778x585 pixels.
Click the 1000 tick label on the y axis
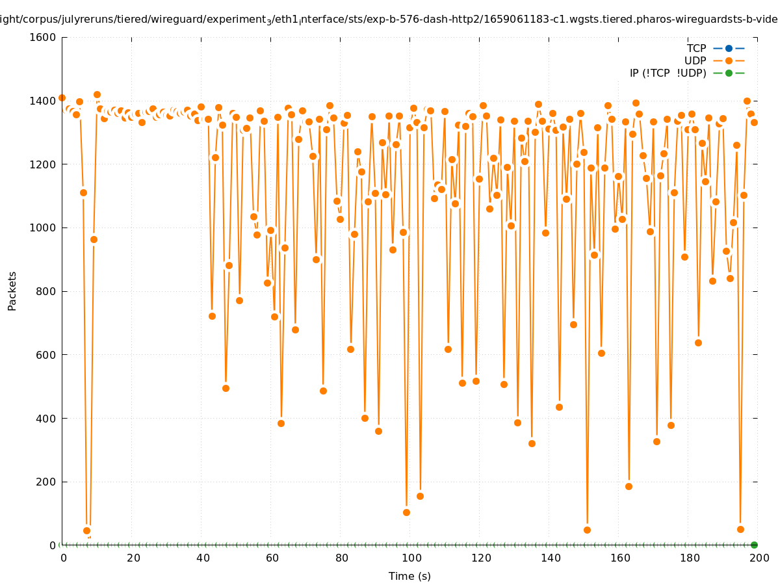coord(44,228)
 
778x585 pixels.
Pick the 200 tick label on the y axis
coord(46,482)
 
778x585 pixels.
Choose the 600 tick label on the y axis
coord(46,355)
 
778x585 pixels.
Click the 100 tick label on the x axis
coord(411,558)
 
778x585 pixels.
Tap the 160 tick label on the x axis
coord(619,558)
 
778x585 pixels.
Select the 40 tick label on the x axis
coord(202,558)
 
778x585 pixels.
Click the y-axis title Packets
coord(12,291)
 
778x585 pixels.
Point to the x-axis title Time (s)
coord(409,576)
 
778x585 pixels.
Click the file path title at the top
coord(389,19)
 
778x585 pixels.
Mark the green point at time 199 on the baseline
coord(754,545)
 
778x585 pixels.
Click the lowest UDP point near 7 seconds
coord(86,530)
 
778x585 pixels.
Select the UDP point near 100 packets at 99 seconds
coord(406,512)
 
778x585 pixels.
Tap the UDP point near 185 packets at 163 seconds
coord(629,486)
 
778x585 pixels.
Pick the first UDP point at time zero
coord(62,97)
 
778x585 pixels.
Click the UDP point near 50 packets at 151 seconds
coord(587,530)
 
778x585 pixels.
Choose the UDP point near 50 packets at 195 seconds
coord(740,529)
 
